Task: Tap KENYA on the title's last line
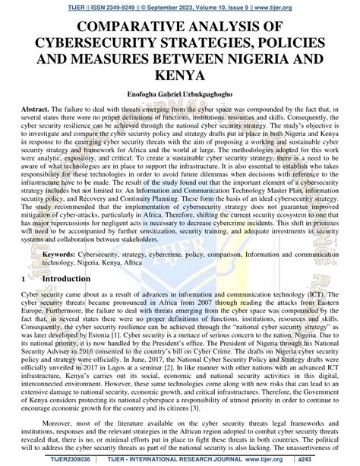pyautogui.click(x=180, y=77)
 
